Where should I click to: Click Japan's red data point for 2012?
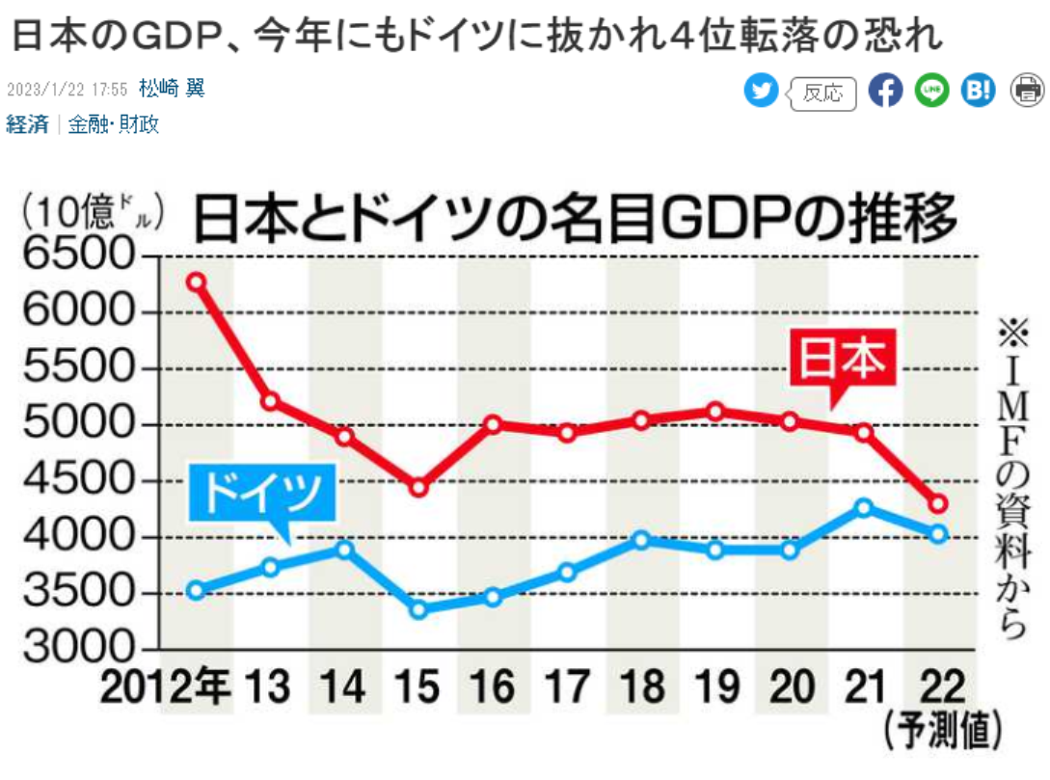point(196,282)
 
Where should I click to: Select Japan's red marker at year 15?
point(418,487)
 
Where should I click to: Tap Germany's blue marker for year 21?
point(864,507)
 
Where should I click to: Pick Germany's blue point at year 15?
point(418,608)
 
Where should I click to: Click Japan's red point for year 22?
point(938,504)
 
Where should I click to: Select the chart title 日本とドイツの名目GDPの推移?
point(576,219)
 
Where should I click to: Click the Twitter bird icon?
point(761,91)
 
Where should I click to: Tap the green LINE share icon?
point(931,91)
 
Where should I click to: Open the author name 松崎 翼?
point(172,90)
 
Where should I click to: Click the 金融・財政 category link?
point(114,124)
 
